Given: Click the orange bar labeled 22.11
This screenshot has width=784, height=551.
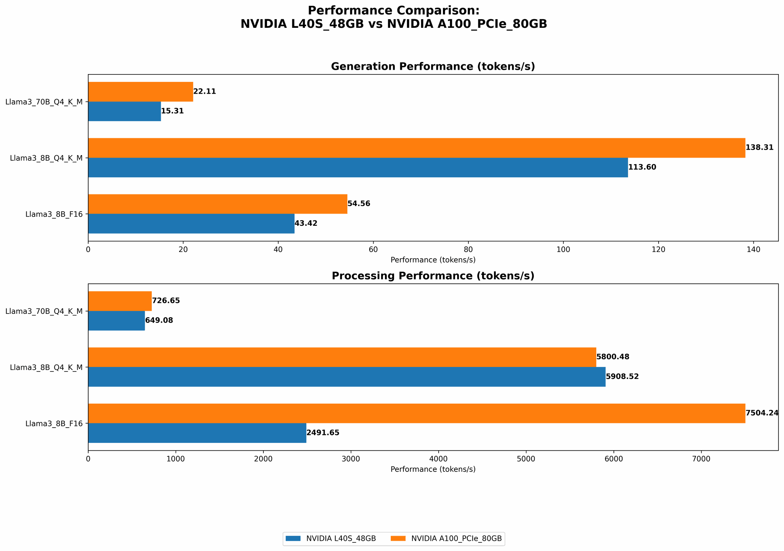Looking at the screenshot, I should point(140,92).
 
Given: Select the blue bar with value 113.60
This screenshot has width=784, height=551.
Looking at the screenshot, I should point(358,167).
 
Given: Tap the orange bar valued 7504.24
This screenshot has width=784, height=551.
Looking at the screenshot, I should point(416,413).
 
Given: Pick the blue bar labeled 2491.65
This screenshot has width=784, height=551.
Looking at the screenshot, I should point(197,433).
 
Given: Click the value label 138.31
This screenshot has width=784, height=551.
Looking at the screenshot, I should point(759,148).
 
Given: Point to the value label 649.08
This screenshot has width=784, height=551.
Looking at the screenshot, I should point(159,321).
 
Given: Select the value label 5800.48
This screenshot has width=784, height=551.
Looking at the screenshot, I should point(613,357).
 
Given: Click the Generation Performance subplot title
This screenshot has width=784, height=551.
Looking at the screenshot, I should point(433,67).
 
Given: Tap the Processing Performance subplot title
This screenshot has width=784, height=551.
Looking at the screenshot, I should point(433,276).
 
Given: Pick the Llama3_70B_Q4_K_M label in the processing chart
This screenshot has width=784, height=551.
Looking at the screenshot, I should point(44,311).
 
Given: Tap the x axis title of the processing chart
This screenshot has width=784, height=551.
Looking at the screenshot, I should point(433,469).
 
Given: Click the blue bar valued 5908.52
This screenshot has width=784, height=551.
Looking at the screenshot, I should point(347,377).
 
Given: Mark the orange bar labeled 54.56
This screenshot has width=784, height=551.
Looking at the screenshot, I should point(218,204).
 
